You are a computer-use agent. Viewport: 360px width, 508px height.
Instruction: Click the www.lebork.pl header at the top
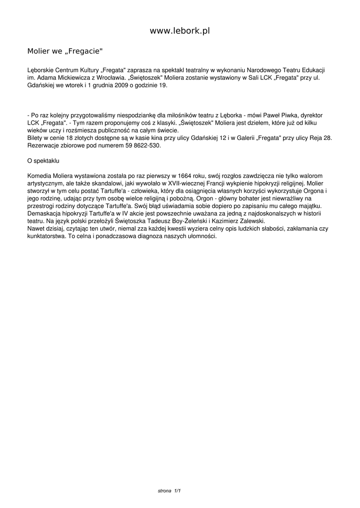(x=180, y=31)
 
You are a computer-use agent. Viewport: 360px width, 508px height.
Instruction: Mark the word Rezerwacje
(x=44, y=146)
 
